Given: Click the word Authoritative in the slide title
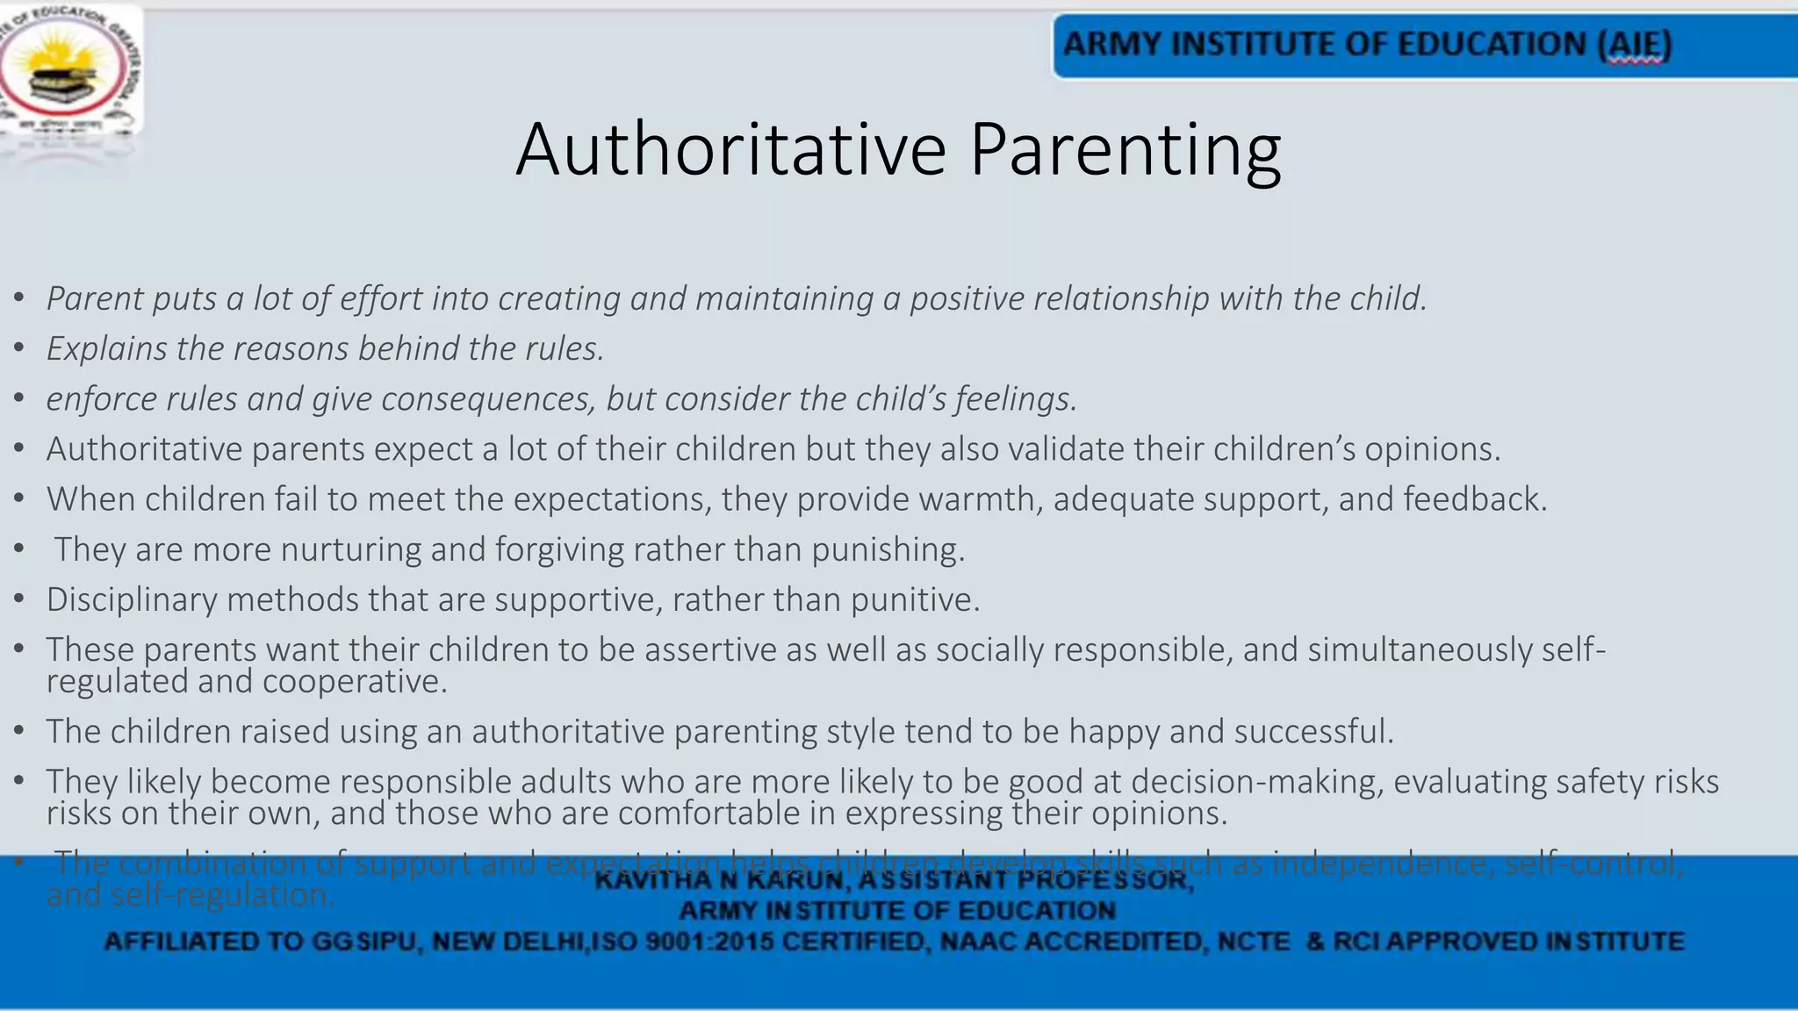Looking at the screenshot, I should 730,149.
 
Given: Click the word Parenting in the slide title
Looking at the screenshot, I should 1125,149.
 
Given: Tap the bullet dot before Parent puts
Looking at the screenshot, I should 18,299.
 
